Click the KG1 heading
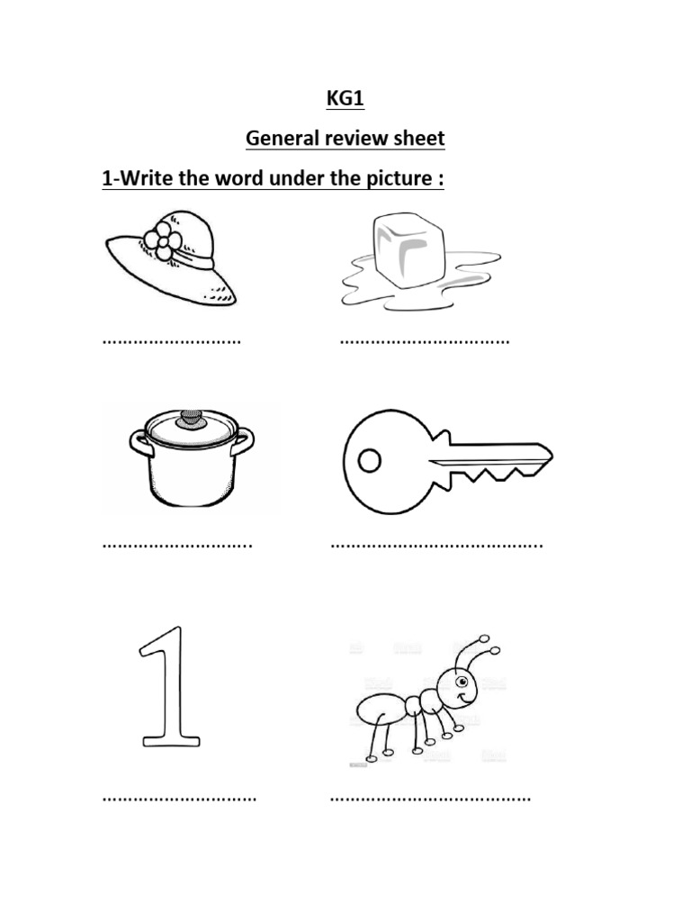(x=345, y=99)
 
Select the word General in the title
(x=283, y=140)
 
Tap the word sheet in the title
(x=420, y=140)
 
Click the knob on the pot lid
(x=191, y=418)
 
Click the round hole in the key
(x=370, y=461)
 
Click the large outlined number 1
(x=168, y=689)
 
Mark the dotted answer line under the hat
(x=172, y=342)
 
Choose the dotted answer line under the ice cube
(x=424, y=342)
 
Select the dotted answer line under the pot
(x=177, y=544)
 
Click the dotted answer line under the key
(x=436, y=544)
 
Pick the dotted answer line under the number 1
(x=180, y=798)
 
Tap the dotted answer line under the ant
(x=430, y=798)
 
